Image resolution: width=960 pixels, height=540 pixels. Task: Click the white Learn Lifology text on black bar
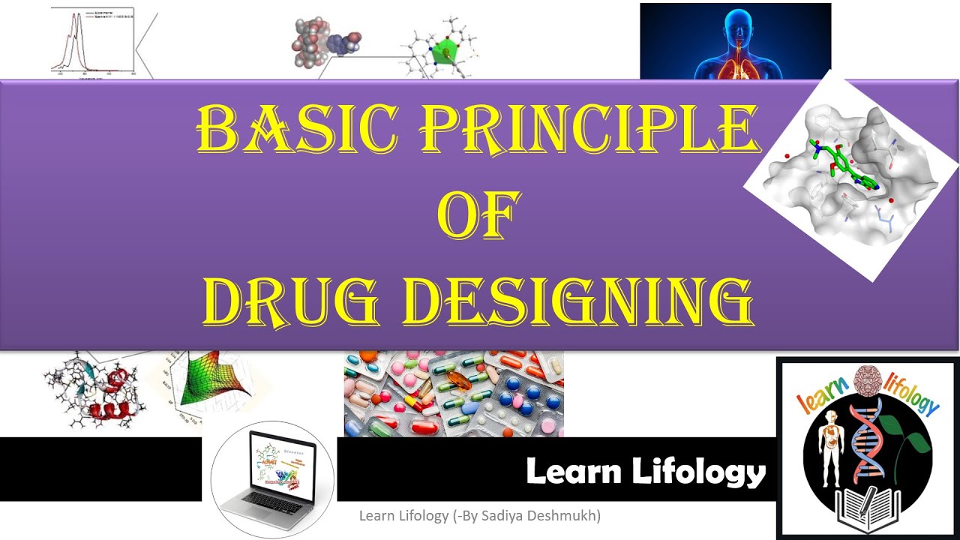click(x=645, y=472)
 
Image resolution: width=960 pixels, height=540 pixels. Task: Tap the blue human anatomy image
click(x=735, y=40)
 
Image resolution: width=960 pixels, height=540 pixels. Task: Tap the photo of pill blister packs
click(x=454, y=394)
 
